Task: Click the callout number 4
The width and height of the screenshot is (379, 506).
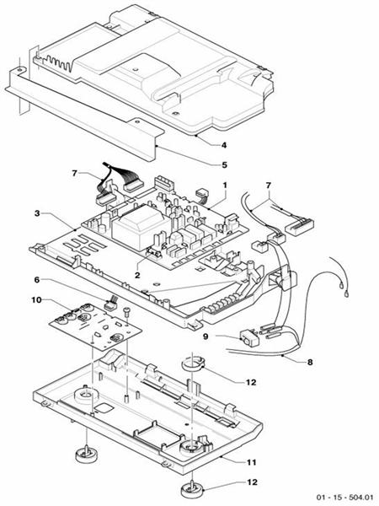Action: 224,145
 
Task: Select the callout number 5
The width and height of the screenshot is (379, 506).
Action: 224,165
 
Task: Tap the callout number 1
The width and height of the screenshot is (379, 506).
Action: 225,186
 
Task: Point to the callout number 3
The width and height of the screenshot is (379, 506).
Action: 37,213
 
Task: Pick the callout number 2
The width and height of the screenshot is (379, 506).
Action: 137,275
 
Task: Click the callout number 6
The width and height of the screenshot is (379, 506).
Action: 37,279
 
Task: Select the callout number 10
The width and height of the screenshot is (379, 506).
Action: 36,299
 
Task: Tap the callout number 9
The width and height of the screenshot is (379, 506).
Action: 206,336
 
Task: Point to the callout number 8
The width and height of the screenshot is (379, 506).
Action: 310,362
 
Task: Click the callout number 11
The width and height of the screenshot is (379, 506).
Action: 251,462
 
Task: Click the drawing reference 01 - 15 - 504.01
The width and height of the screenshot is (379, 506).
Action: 344,498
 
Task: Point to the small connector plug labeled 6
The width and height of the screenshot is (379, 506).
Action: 110,304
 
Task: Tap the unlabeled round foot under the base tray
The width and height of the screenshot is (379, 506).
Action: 87,455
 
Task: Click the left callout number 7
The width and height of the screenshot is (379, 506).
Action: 75,174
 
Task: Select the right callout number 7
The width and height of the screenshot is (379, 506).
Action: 268,186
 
